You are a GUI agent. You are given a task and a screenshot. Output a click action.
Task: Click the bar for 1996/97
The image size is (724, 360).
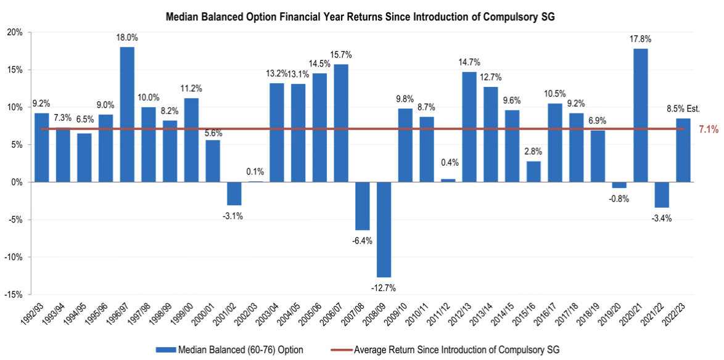tap(127, 114)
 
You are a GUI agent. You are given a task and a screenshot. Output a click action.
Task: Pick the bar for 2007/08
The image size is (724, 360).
tap(363, 206)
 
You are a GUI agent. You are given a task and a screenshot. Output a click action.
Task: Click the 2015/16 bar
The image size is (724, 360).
tap(533, 171)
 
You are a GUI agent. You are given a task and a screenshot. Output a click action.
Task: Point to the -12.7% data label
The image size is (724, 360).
tap(384, 287)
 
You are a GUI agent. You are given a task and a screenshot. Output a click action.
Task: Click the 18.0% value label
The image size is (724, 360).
tap(127, 38)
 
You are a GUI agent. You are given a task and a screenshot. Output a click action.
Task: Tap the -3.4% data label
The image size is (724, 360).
tap(662, 218)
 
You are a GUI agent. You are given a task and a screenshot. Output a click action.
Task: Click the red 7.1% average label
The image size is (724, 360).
tap(708, 129)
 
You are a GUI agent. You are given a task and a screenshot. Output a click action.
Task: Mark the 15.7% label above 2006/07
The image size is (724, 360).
tap(341, 55)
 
